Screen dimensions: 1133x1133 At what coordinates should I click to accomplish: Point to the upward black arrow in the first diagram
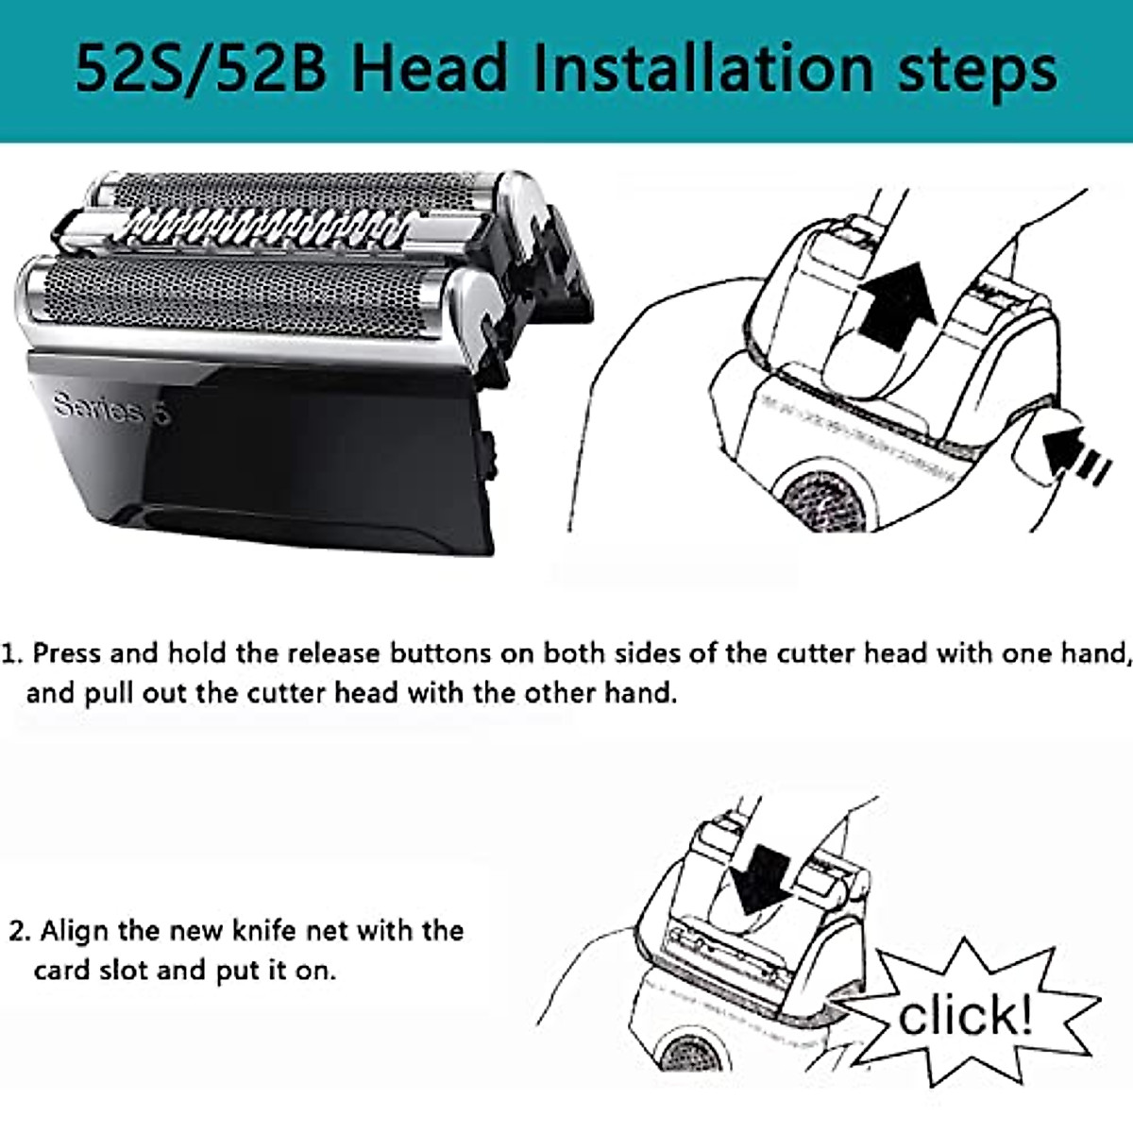click(894, 308)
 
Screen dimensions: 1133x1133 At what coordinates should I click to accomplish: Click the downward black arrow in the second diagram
click(763, 876)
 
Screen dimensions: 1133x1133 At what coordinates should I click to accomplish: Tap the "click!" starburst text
click(965, 1016)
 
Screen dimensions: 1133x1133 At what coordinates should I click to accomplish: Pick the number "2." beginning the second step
click(20, 931)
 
